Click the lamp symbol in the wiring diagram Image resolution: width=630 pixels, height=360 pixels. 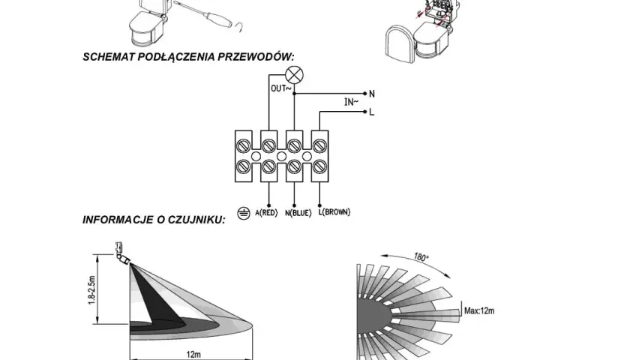point(294,75)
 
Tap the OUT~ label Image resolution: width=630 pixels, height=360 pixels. point(280,88)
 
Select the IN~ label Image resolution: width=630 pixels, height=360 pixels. point(351,102)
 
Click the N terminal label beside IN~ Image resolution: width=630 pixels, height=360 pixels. point(372,94)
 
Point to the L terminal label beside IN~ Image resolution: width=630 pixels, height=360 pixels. point(372,112)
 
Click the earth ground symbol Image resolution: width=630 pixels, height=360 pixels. point(244,213)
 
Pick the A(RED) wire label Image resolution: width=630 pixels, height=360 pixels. point(266,212)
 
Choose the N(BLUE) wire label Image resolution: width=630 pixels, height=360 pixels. point(298,213)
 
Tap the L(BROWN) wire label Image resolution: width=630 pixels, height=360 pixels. point(334,211)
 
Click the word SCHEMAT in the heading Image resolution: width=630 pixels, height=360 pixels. point(109,57)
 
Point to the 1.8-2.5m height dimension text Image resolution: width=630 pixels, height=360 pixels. point(91,290)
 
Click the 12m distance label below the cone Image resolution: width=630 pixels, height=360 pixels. point(193,354)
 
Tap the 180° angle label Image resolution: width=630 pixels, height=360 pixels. point(421,256)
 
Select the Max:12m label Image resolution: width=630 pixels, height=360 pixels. point(479,310)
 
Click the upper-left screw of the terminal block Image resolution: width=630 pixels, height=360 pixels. point(244,145)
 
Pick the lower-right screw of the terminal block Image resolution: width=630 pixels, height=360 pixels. point(319,166)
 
